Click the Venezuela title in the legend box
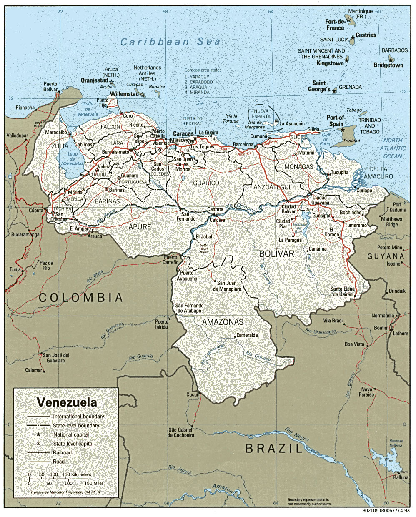tap(67, 402)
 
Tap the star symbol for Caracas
tap(195, 138)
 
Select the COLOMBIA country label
tap(81, 297)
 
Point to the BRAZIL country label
tap(273, 449)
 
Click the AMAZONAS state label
tap(223, 322)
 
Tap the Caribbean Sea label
tap(170, 42)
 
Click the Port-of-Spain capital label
tap(336, 121)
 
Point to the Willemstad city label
tap(124, 94)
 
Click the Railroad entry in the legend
tap(62, 452)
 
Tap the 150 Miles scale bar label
tap(94, 483)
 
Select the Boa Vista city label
tap(354, 344)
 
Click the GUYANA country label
tap(386, 256)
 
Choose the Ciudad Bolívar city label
tap(288, 209)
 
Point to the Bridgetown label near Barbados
tap(388, 65)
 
